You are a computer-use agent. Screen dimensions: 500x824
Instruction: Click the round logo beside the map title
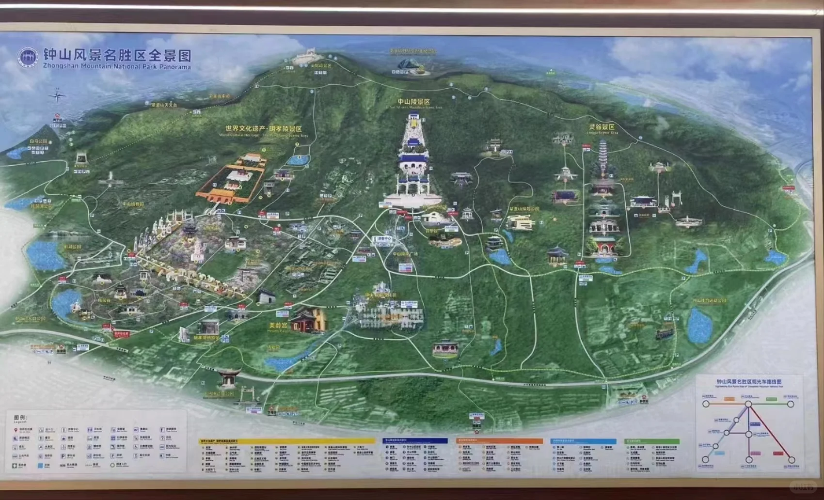(28, 57)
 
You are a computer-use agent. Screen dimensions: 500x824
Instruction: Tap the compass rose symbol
(57, 95)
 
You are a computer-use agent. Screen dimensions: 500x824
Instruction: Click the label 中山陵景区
(413, 102)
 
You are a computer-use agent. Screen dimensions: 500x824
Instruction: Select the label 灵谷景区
(602, 127)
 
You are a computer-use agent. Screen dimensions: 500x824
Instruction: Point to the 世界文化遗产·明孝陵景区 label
(263, 129)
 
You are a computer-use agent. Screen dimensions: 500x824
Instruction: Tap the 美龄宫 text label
(278, 325)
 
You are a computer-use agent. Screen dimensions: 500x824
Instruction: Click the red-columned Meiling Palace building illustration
(307, 320)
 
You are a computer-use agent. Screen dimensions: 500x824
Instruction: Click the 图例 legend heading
(20, 417)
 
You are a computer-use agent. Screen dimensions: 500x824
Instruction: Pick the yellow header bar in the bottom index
(288, 441)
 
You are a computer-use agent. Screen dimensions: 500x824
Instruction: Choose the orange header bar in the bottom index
(500, 441)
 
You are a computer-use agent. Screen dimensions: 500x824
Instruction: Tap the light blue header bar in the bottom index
(584, 441)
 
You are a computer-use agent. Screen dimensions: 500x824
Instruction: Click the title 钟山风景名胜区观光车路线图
(749, 382)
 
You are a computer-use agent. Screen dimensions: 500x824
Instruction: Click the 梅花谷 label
(104, 301)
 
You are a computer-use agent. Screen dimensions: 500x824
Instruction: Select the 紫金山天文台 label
(164, 105)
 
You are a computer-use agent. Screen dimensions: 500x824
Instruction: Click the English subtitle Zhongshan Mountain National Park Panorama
(117, 66)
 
